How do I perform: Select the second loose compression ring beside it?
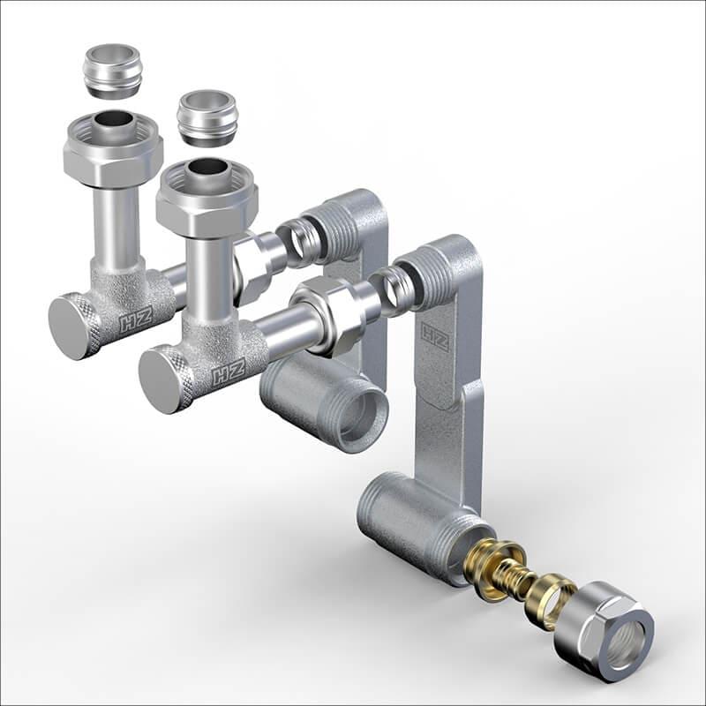click(x=206, y=118)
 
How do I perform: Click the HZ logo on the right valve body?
click(x=229, y=370)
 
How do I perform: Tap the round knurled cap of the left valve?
click(x=74, y=327)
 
